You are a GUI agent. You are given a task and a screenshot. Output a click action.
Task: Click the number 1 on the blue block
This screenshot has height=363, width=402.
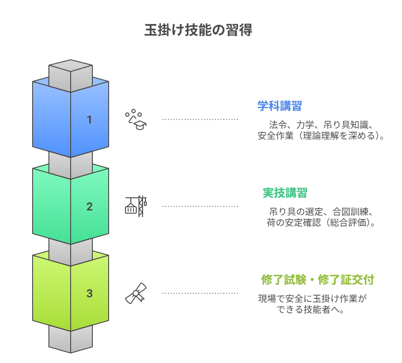[x=90, y=120]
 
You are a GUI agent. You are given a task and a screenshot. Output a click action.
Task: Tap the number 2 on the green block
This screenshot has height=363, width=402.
[x=90, y=207]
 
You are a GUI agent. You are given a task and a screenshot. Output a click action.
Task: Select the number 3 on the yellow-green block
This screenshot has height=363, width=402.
[x=90, y=293]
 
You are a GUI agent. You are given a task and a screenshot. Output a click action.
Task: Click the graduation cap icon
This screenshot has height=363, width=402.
[x=136, y=119]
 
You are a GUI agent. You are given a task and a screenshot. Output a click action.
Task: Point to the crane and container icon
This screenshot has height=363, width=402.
[x=136, y=206]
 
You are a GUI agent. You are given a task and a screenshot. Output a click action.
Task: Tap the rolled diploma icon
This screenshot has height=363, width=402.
[x=136, y=293]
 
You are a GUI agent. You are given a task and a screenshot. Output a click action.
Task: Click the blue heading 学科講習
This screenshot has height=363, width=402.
[x=279, y=106]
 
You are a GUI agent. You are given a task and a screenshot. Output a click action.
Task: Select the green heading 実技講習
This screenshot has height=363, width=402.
[x=285, y=193]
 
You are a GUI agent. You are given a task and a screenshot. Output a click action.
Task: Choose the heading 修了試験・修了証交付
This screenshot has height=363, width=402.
[x=318, y=280]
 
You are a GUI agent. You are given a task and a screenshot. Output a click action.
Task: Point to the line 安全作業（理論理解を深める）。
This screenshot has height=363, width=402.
[x=321, y=136]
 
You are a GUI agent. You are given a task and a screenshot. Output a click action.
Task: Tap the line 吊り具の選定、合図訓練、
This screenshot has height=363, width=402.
[x=321, y=211]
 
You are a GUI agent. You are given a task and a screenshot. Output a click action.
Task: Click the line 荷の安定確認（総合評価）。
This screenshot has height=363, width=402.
[x=321, y=223]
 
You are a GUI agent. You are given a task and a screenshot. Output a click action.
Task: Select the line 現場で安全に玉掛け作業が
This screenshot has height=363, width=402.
[x=312, y=299]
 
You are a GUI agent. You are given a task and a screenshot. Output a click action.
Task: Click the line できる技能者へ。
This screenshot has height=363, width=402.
[x=311, y=310]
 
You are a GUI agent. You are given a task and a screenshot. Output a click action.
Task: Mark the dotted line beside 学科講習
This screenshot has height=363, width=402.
[x=200, y=119]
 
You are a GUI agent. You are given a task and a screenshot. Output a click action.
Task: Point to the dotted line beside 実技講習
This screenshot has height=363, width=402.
[x=200, y=206]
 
